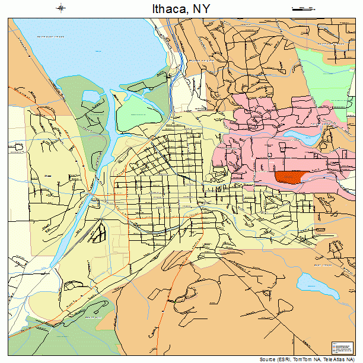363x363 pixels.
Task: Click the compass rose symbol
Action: [61, 8]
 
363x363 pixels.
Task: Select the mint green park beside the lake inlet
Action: [134, 113]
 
